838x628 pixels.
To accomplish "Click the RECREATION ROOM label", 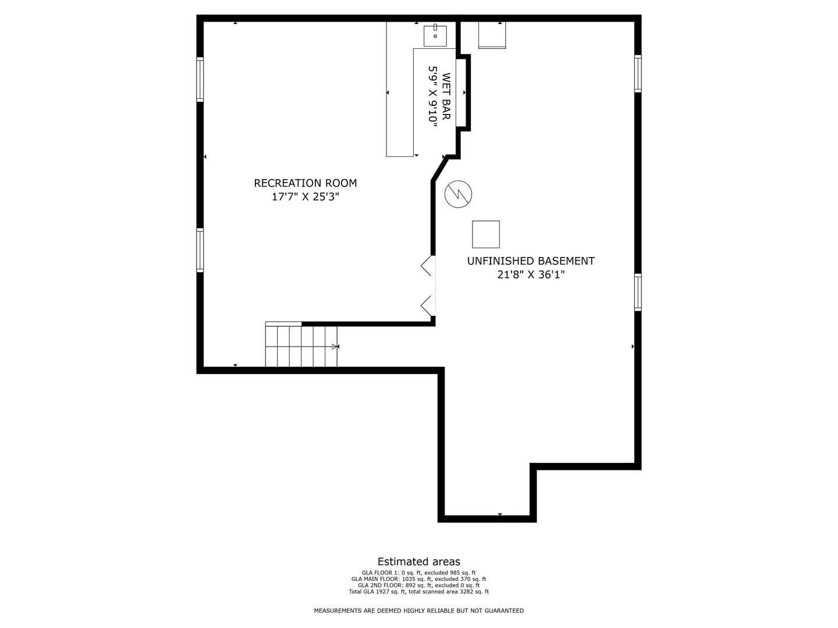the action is (x=306, y=183).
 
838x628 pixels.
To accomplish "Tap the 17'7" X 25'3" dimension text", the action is (x=306, y=197).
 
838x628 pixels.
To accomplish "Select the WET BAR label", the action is (x=446, y=97).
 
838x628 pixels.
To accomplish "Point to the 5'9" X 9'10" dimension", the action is (x=432, y=97).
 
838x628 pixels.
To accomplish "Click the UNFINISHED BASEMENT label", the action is (x=531, y=261).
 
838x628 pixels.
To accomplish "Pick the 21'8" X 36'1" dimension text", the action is (x=531, y=274).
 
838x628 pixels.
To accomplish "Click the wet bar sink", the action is (x=435, y=36).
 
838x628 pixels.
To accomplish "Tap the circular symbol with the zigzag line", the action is (x=458, y=194).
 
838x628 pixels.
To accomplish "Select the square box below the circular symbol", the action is (x=485, y=234).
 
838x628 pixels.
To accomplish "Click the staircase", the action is (x=301, y=345).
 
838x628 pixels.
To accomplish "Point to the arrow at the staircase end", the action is (x=335, y=347).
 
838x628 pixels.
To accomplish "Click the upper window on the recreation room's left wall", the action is (x=200, y=79).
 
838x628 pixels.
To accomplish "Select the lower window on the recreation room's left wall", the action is (x=200, y=250).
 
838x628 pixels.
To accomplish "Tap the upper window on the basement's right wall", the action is (x=638, y=74).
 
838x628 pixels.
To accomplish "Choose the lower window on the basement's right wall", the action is (x=638, y=292).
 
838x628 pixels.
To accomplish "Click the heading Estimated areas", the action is (x=419, y=562).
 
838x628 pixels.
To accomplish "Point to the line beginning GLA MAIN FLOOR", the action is (x=419, y=579).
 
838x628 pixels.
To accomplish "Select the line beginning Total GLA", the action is (x=419, y=592).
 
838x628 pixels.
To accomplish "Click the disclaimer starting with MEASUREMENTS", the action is (x=419, y=611).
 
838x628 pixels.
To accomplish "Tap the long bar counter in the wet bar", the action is (x=400, y=89).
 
